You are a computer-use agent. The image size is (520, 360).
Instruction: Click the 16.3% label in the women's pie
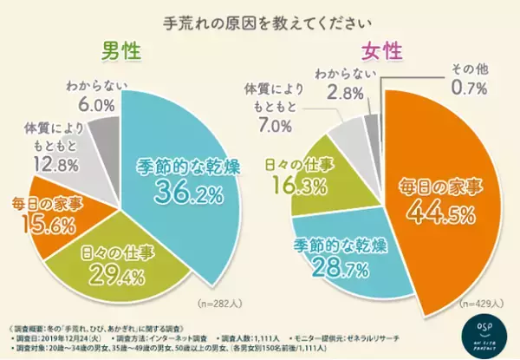[286, 185]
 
